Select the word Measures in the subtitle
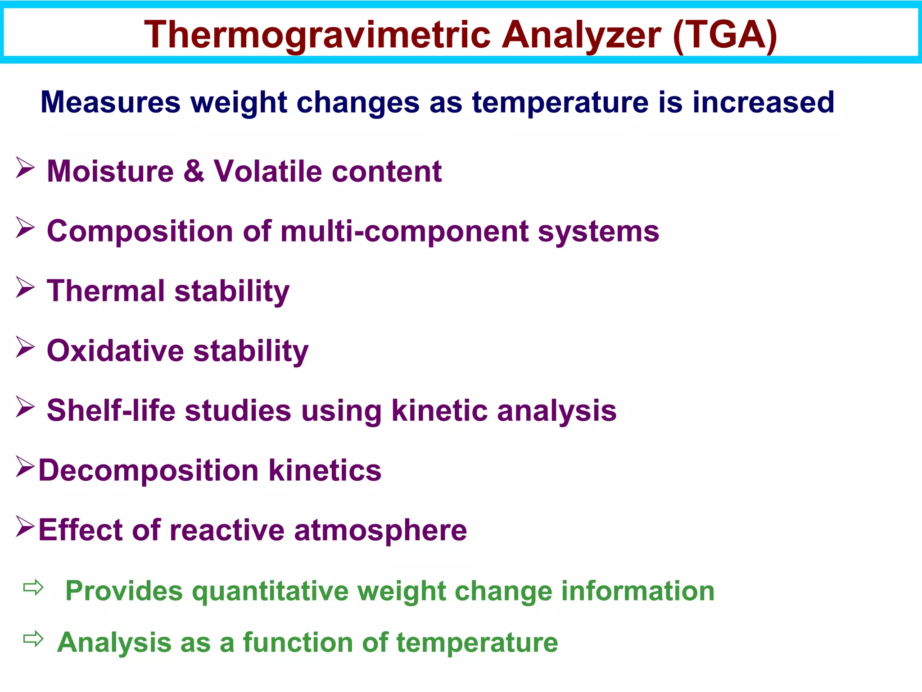pyautogui.click(x=110, y=102)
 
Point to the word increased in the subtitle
pyautogui.click(x=763, y=102)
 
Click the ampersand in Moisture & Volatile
pyautogui.click(x=194, y=171)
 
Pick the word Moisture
pyautogui.click(x=110, y=171)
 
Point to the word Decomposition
pyautogui.click(x=148, y=470)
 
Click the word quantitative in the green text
pyautogui.click(x=270, y=591)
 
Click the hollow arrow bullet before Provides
pyautogui.click(x=33, y=587)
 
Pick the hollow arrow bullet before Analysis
pyautogui.click(x=33, y=639)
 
